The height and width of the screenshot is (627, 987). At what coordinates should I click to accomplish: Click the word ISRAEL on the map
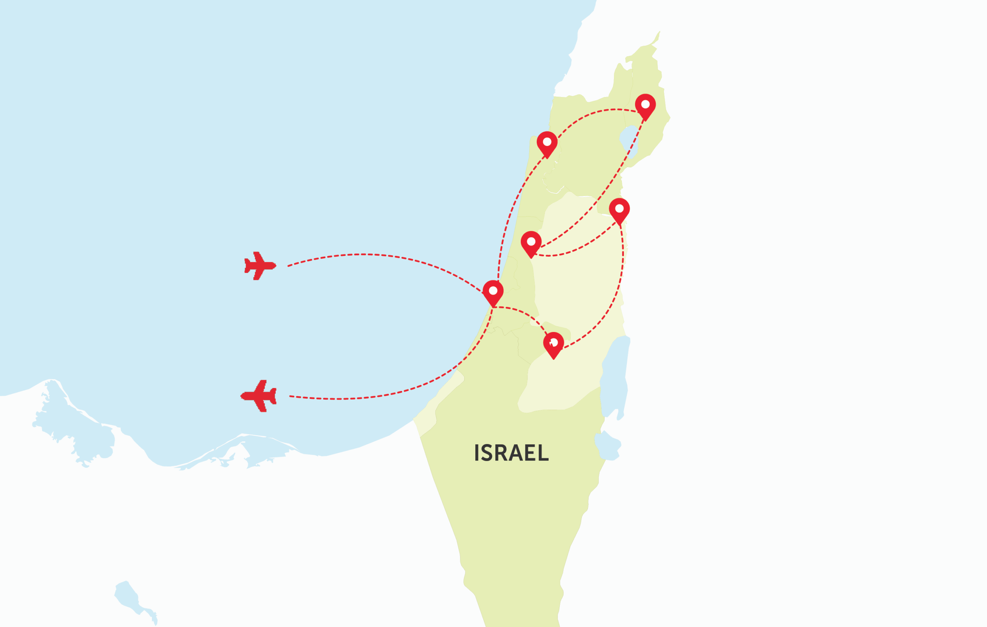(511, 453)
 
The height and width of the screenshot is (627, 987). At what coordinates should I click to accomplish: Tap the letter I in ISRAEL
(477, 453)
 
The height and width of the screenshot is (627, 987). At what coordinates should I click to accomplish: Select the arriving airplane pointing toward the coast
(260, 266)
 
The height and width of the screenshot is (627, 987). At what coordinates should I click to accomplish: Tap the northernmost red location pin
(645, 106)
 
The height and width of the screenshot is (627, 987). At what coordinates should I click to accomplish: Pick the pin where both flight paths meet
(493, 292)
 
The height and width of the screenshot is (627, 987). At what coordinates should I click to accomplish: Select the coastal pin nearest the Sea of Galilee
(547, 144)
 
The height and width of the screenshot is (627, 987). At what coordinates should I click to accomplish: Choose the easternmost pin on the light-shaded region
(619, 210)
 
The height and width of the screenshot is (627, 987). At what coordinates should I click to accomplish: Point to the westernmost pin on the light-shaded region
(531, 243)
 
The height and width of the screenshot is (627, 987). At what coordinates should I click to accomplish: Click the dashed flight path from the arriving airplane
(369, 254)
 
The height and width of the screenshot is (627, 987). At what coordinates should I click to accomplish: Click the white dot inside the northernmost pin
(645, 104)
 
